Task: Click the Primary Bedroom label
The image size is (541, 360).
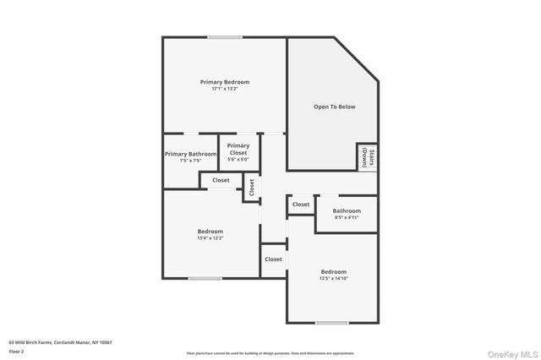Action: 224,82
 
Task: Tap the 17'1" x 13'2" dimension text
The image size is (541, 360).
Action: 224,89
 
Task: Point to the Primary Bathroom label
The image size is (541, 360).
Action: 189,154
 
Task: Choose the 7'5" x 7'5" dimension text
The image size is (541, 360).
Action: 189,161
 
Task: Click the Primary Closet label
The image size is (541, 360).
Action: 238,150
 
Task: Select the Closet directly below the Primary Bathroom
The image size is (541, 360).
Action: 221,180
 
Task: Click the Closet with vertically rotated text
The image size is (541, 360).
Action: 251,188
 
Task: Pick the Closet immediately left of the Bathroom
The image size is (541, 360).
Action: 301,205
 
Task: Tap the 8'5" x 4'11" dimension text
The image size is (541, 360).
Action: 347,218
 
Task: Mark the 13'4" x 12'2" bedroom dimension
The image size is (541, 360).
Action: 210,238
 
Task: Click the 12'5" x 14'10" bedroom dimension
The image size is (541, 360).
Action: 333,278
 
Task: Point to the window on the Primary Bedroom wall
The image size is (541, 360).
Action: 226,36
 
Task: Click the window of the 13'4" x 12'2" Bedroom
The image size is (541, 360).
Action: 205,278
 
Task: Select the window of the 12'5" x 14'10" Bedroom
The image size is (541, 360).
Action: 331,323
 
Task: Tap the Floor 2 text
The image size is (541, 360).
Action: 17,351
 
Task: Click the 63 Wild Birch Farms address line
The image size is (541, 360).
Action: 61,342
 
